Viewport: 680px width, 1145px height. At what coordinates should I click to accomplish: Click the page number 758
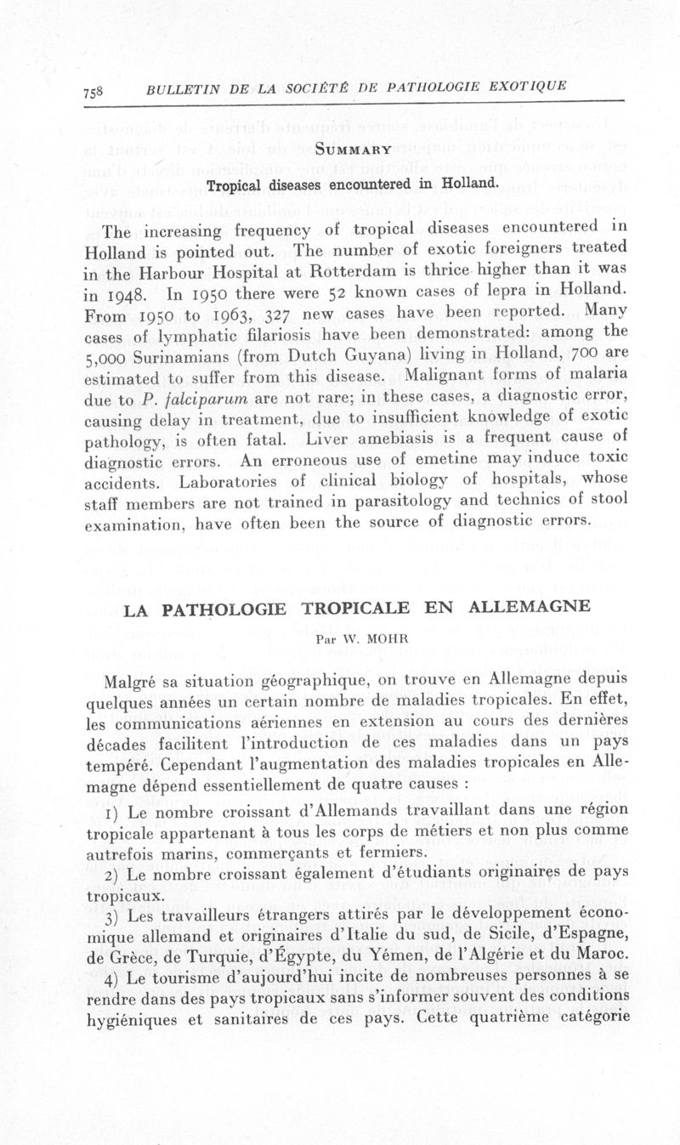94,93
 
